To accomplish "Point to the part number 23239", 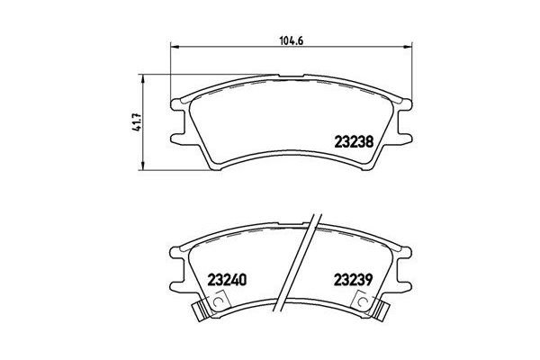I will click(x=352, y=278).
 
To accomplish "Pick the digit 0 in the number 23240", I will click(x=243, y=278).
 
